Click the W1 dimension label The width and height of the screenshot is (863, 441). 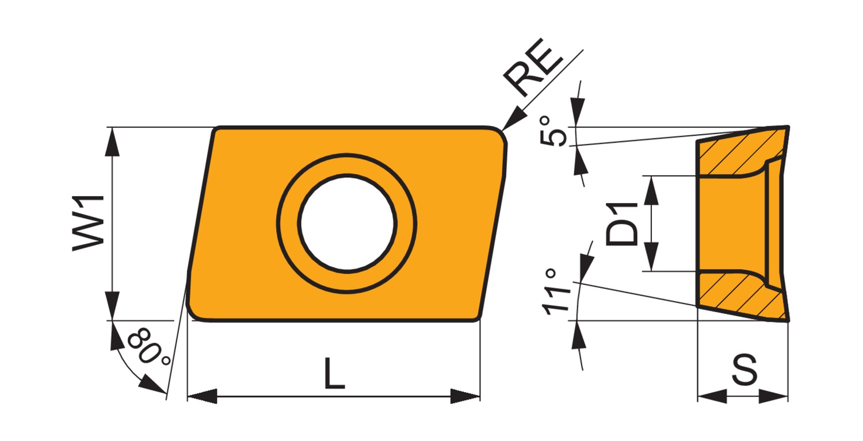coord(88,224)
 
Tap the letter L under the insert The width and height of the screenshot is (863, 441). coord(334,373)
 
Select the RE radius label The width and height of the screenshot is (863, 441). coord(533,67)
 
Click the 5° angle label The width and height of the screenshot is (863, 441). coord(553,132)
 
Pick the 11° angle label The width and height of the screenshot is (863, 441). coord(555,292)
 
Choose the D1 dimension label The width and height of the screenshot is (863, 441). coord(621,224)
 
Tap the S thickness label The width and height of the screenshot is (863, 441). coord(744,370)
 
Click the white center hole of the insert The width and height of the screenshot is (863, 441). coord(347,224)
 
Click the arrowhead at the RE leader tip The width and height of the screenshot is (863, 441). coord(514,119)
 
